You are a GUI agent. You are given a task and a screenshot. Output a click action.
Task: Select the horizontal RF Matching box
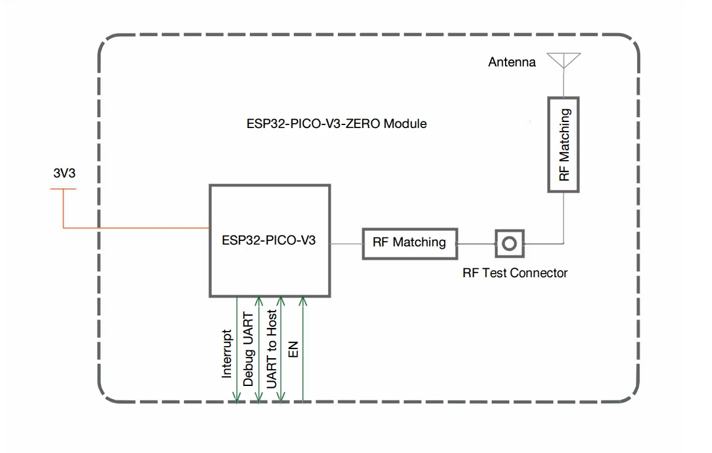point(409,243)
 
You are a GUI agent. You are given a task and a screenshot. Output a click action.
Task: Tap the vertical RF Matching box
point(564,145)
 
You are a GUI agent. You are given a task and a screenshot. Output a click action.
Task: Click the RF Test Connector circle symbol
point(509,243)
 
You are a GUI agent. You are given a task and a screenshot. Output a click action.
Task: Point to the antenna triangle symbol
point(564,59)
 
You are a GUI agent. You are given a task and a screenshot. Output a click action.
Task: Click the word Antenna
point(512,62)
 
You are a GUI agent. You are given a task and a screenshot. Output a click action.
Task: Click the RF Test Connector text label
point(515,273)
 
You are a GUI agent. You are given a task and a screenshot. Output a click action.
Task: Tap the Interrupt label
point(227,353)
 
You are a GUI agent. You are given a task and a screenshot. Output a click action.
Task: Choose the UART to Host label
point(272,349)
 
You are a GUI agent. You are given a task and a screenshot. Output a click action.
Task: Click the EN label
point(294,349)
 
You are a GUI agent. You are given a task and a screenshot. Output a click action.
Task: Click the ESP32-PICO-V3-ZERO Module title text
point(337,124)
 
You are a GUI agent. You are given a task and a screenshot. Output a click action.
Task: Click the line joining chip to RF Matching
point(346,243)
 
